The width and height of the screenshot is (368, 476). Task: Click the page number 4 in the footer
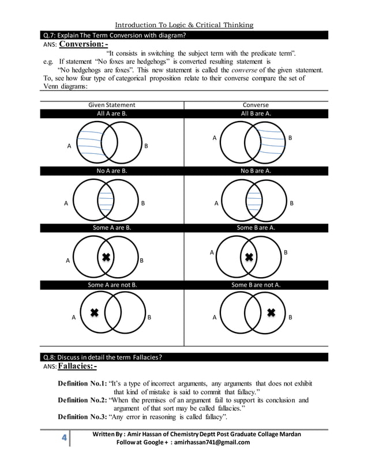tap(65, 438)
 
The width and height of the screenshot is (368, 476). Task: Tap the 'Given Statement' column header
tap(111, 105)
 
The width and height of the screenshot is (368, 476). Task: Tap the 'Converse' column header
tap(256, 105)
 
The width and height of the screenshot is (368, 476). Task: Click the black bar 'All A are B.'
tap(111, 114)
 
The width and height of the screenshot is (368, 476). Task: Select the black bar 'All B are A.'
tap(256, 114)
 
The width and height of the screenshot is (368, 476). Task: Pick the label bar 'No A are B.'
tap(111, 171)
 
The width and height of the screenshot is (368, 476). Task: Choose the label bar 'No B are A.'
tap(256, 171)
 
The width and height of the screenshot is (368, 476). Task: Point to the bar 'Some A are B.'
tap(111, 228)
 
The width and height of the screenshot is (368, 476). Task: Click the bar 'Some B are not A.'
tap(256, 284)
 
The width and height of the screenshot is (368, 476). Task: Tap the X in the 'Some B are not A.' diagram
tap(272, 312)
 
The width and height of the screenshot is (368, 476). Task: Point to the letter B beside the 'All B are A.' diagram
tap(290, 138)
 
